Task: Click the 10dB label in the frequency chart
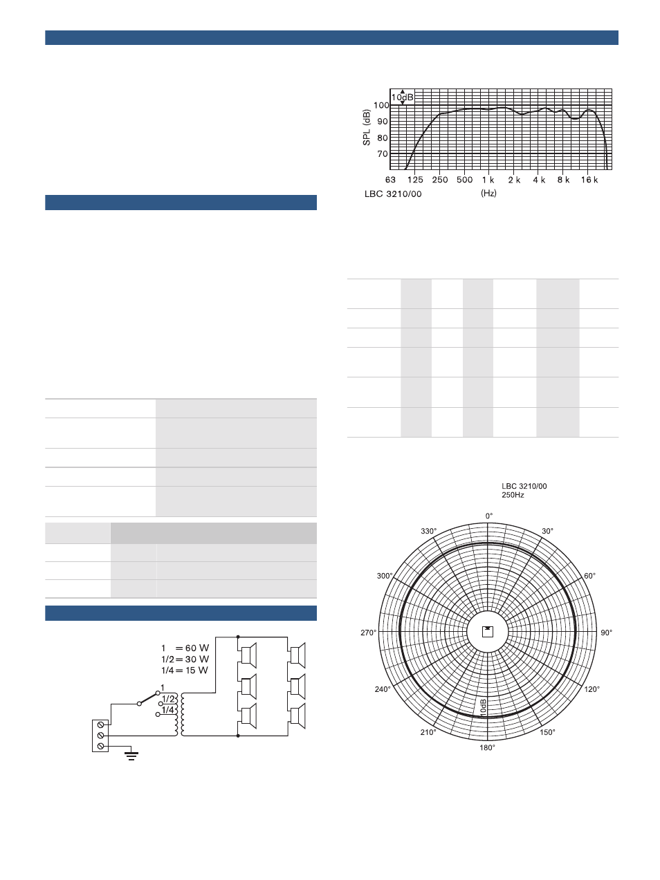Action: (403, 97)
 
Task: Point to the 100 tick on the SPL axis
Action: (382, 106)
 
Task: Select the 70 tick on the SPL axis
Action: (383, 154)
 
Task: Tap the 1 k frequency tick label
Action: (488, 180)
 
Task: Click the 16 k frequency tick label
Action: (589, 180)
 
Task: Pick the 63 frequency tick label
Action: (390, 180)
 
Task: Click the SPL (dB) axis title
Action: (367, 127)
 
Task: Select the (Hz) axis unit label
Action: (488, 194)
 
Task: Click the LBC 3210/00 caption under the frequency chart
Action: (393, 194)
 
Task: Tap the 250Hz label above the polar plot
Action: (513, 495)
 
